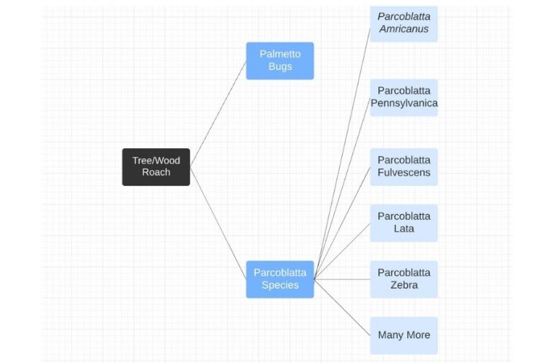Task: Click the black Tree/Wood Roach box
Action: click(156, 167)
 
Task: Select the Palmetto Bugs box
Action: click(280, 60)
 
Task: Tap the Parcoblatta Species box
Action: click(280, 279)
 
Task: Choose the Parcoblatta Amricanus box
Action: click(404, 23)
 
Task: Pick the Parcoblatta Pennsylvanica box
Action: click(404, 97)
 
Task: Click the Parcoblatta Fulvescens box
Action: click(404, 167)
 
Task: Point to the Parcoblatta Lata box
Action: click(404, 223)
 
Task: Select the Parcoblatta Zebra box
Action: click(404, 279)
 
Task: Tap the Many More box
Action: click(404, 335)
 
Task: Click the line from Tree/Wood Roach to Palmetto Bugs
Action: click(218, 113)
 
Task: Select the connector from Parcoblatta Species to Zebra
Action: click(342, 279)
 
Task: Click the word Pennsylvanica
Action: click(404, 104)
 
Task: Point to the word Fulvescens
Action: click(404, 173)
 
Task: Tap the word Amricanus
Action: click(404, 29)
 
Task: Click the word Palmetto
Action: click(280, 54)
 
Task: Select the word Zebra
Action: click(404, 285)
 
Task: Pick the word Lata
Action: click(404, 229)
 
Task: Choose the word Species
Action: click(280, 285)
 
